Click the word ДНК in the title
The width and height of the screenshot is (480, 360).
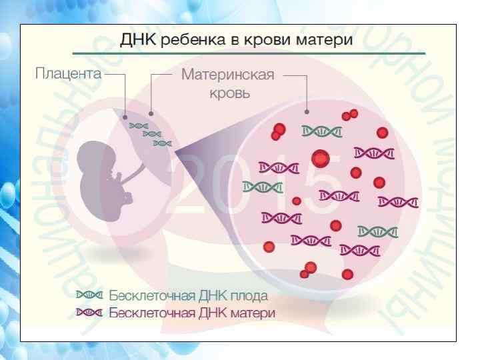pos(139,41)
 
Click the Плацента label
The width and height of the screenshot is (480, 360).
pos(68,74)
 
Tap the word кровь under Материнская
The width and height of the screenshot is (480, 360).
pos(230,93)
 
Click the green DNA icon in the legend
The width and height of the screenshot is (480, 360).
pos(90,294)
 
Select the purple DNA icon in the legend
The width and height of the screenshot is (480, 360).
pos(90,311)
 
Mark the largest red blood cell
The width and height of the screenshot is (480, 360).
pos(321,159)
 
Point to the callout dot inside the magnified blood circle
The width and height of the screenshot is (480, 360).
pos(306,111)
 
